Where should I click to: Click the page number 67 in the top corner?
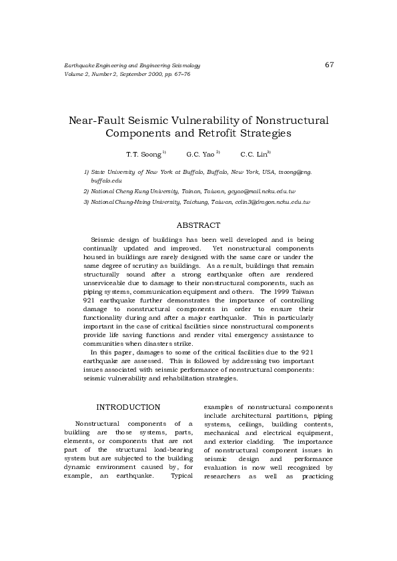(x=329, y=65)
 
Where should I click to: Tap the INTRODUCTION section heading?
(x=128, y=407)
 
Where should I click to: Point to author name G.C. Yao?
(x=200, y=154)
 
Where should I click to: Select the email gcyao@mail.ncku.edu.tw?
(x=262, y=191)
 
